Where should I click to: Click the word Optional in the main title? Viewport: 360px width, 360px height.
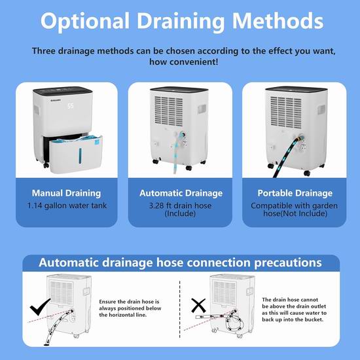85,22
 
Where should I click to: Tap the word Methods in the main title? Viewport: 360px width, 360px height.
278,21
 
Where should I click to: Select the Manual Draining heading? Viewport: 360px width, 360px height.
66,193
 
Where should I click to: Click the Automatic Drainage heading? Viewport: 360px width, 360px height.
181,193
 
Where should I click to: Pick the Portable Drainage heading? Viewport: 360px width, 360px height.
295,193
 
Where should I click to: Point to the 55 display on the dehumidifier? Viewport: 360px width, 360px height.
71,106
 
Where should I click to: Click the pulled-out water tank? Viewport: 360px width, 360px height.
76,154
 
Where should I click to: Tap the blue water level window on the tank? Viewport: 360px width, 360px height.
80,156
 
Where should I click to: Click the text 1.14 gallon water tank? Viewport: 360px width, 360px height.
67,206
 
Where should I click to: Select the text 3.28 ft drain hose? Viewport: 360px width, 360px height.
180,206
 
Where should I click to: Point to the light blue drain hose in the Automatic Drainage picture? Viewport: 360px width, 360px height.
177,152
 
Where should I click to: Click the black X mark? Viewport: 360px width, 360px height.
198,306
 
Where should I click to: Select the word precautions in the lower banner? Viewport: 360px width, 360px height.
288,262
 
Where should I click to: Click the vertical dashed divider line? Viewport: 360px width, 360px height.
179,309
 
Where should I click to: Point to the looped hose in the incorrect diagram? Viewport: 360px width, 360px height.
234,321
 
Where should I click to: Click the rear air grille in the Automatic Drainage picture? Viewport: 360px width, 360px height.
168,111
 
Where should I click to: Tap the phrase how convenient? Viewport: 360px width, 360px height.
184,62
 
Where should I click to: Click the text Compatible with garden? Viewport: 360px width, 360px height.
294,206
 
